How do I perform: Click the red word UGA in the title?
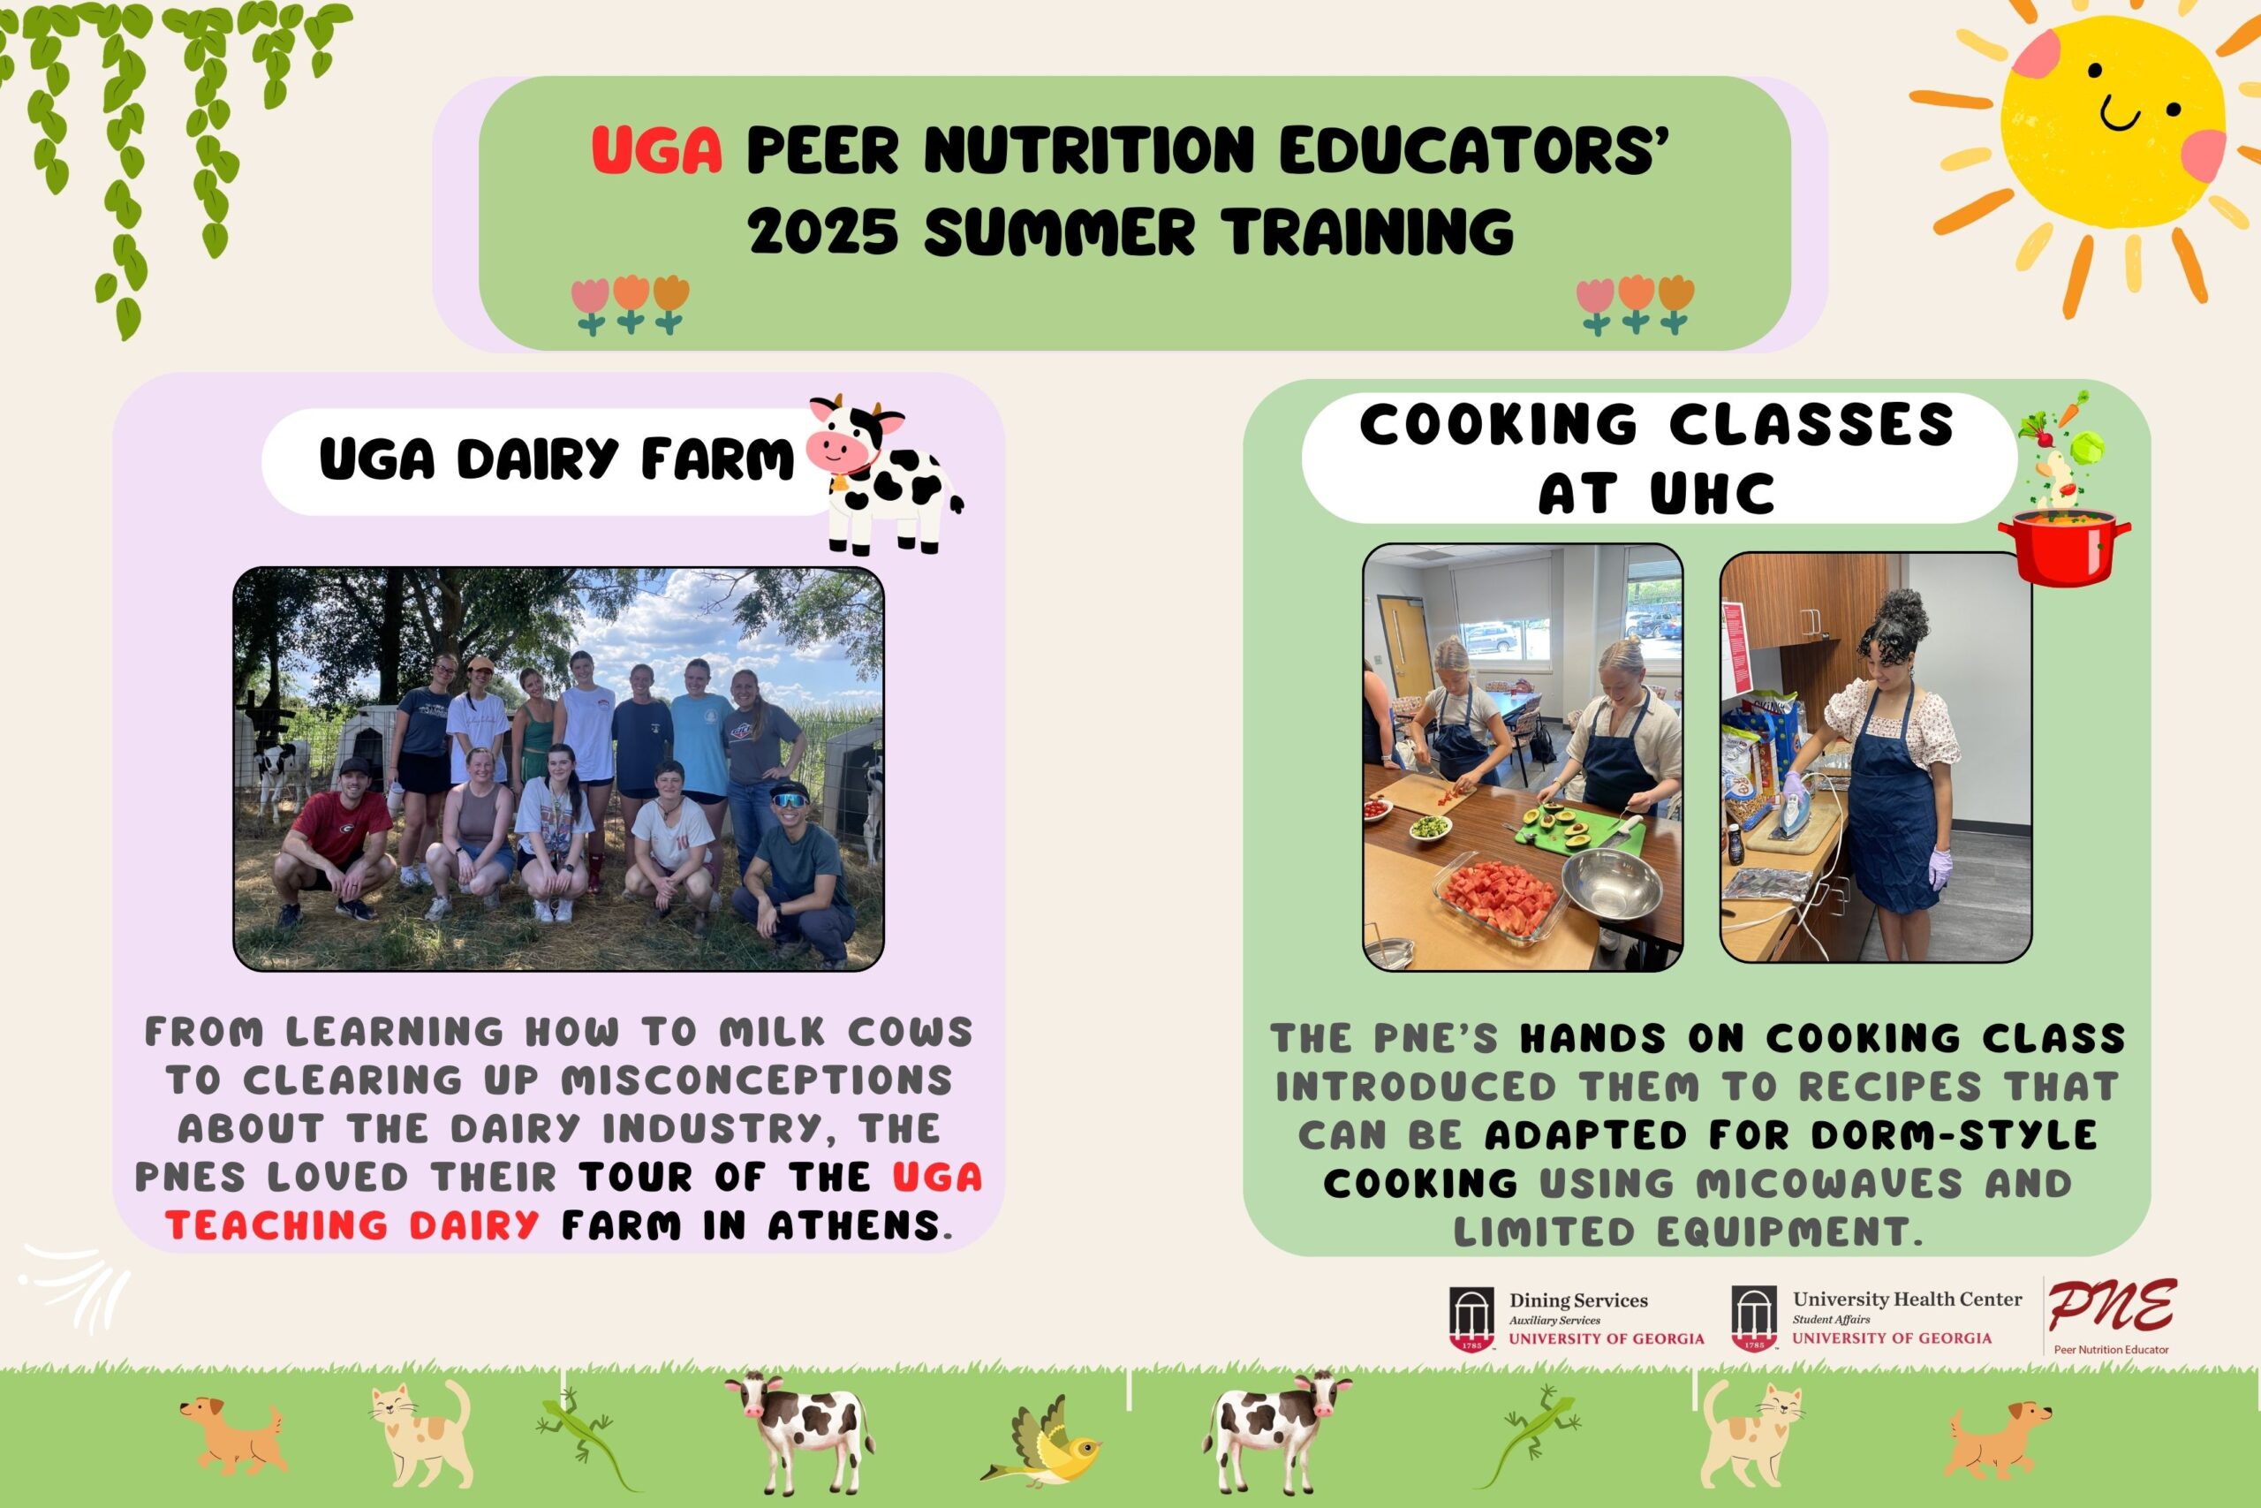click(656, 150)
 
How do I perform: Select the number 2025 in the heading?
click(824, 231)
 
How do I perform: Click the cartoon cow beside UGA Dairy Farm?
click(884, 474)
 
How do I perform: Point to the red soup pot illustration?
click(2064, 546)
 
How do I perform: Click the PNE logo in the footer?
click(2112, 1315)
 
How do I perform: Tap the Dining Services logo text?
click(1607, 1317)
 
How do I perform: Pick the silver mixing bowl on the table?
click(1612, 883)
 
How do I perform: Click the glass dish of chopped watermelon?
click(1496, 897)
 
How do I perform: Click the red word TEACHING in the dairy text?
click(276, 1225)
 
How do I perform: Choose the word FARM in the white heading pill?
click(717, 458)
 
